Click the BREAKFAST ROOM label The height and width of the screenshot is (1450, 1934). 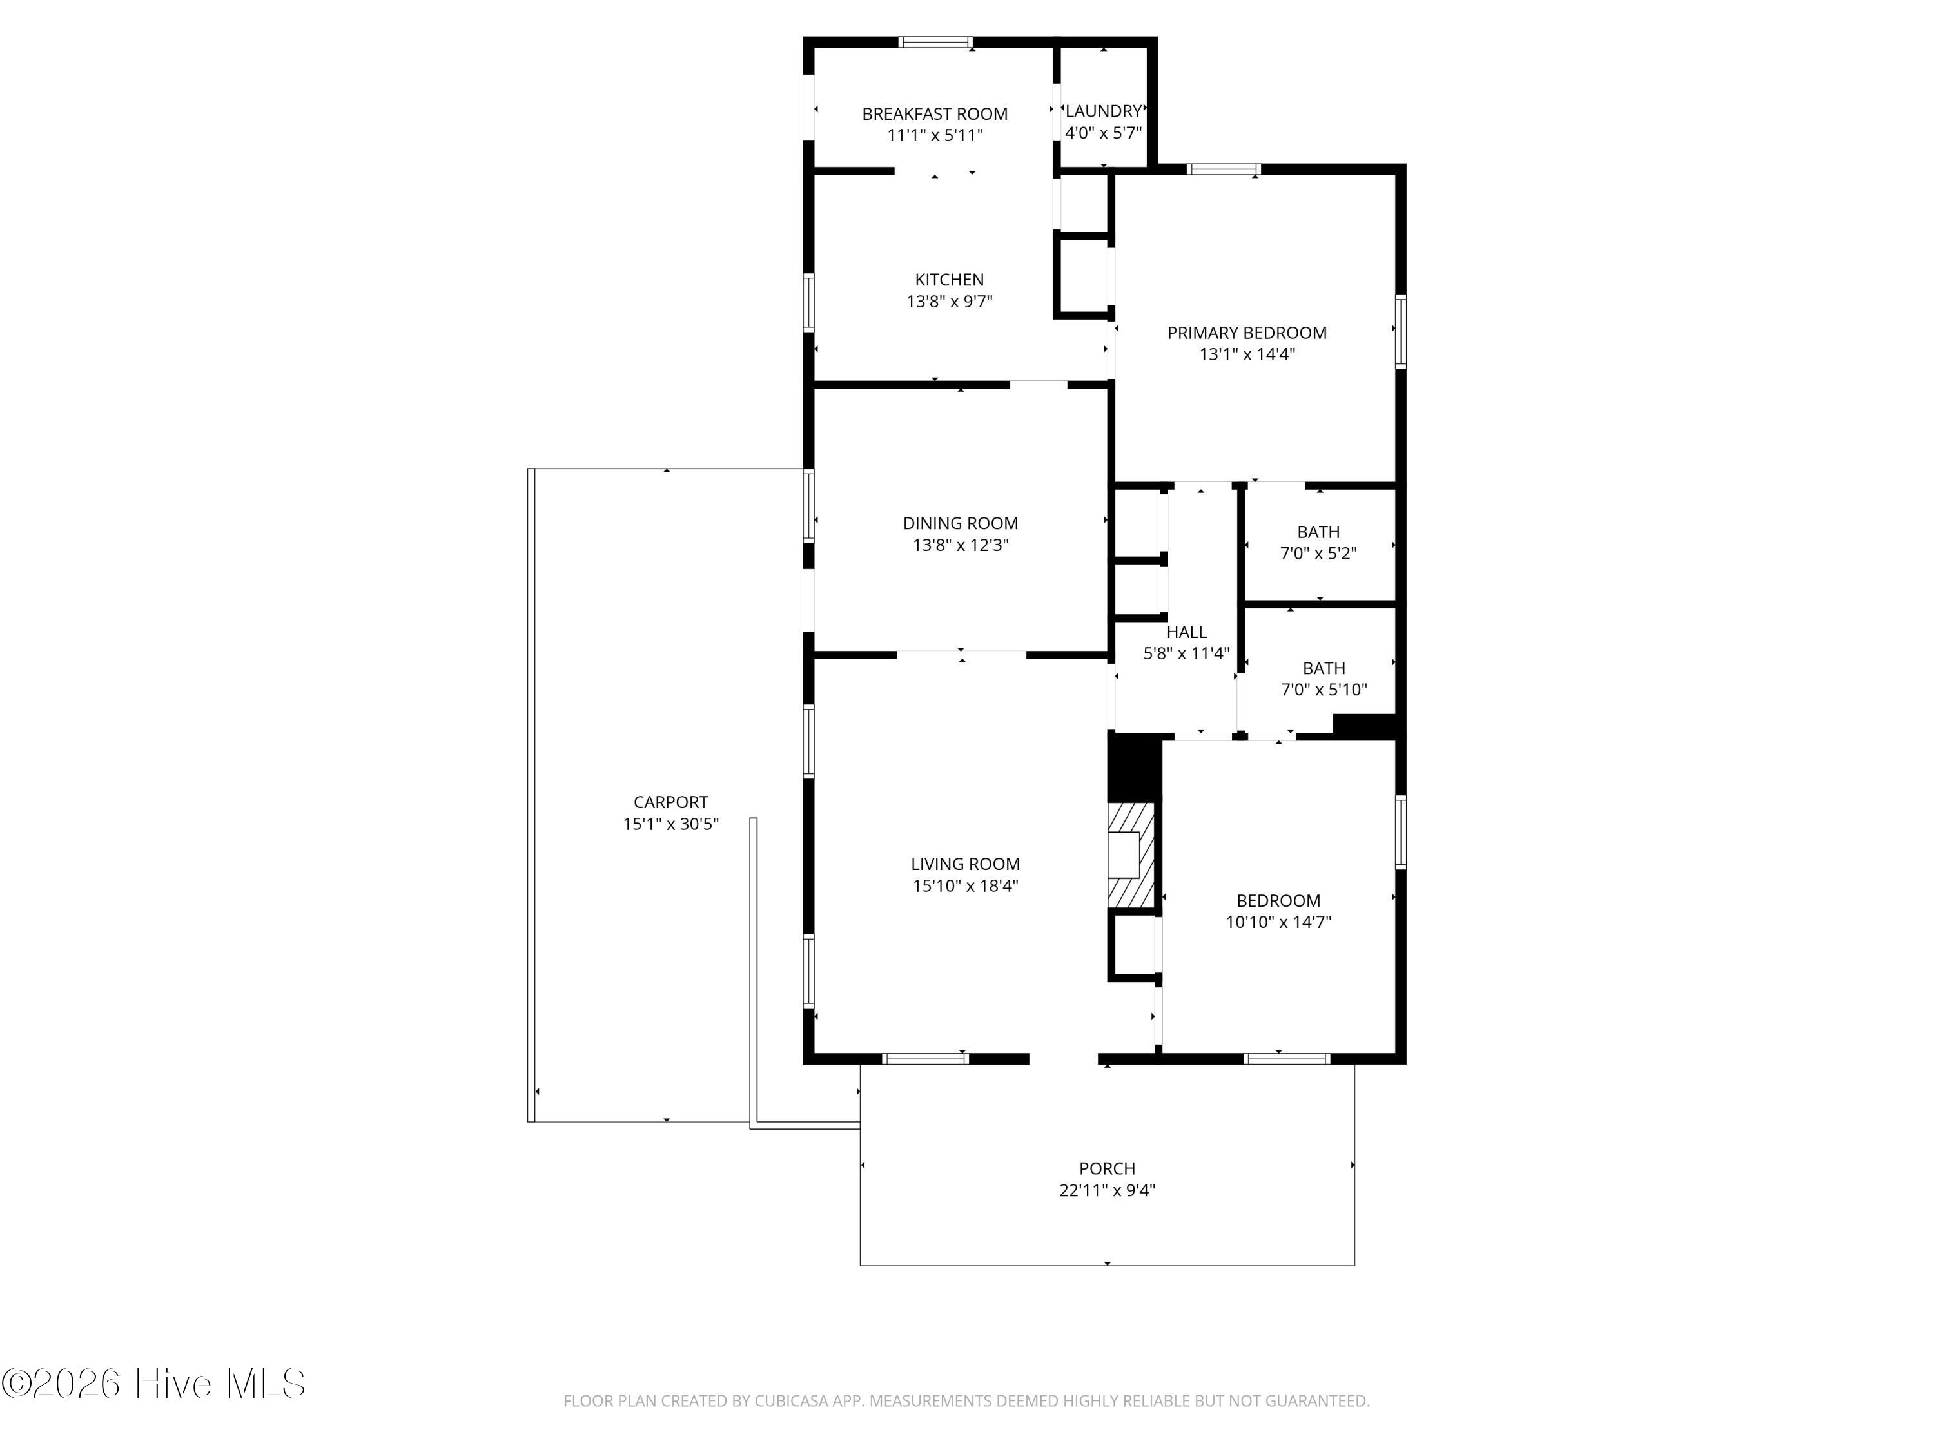coord(935,113)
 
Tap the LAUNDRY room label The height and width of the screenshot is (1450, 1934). coord(1104,111)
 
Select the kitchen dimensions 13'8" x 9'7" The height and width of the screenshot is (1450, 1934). coord(950,302)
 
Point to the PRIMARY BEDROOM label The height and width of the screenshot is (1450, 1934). coord(1247,333)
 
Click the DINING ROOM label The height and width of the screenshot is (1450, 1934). coord(960,523)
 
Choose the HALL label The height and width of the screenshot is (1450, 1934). coord(1186,632)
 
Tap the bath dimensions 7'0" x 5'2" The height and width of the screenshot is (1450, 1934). coord(1318,553)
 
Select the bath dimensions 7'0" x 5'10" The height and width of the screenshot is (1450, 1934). coord(1324,690)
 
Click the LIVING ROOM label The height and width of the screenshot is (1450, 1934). coord(965,864)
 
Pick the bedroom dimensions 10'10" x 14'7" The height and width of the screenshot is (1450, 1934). coord(1278,922)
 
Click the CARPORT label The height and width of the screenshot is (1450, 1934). coord(670,802)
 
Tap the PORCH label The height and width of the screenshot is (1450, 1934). coord(1107,1168)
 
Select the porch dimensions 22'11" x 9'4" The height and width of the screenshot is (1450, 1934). coord(1107,1190)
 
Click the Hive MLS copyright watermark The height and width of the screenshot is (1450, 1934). coord(154,1384)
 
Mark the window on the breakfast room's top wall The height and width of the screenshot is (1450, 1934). coord(935,42)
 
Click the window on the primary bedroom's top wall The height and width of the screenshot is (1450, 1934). coord(1223,169)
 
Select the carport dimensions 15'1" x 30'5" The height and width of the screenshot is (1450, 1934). coord(670,824)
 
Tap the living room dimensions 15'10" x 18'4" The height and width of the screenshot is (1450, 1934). coord(965,886)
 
